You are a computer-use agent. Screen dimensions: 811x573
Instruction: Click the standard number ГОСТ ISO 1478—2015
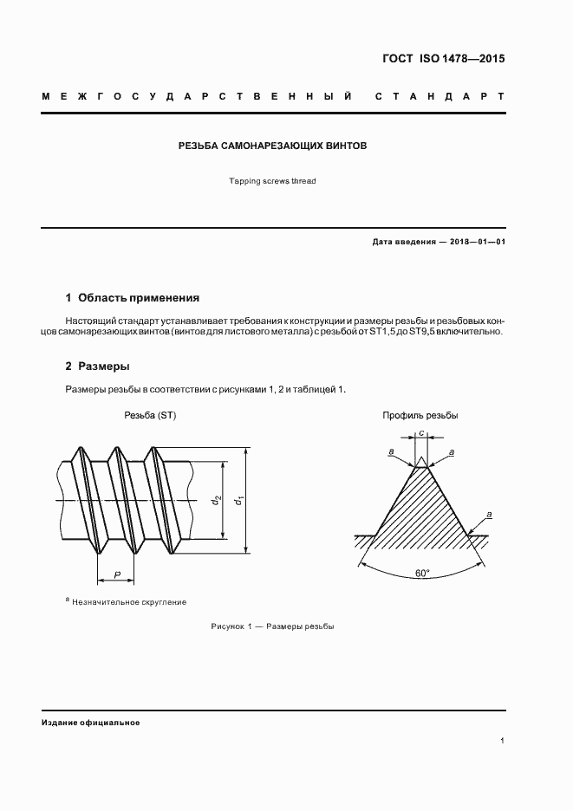click(443, 60)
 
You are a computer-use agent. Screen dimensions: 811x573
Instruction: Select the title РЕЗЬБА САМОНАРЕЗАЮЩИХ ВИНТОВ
click(272, 146)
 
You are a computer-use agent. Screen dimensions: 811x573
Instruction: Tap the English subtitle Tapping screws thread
click(272, 181)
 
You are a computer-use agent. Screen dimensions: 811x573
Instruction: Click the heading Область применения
click(139, 297)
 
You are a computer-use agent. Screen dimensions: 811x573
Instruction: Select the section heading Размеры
click(103, 367)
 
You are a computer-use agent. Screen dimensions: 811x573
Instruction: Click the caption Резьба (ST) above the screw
click(150, 416)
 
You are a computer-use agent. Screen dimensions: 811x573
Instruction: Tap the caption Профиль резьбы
click(420, 416)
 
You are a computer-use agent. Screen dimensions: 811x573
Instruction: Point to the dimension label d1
click(240, 500)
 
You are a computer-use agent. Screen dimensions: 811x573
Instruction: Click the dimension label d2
click(217, 500)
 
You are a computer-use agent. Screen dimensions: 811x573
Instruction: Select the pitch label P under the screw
click(116, 574)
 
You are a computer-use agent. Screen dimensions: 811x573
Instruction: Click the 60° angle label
click(422, 574)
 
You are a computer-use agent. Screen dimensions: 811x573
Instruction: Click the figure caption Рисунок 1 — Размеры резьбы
click(272, 626)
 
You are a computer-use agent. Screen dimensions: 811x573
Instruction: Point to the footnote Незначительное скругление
click(129, 601)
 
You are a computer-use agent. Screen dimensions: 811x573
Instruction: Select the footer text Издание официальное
click(90, 722)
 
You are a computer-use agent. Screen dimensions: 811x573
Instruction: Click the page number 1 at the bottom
click(503, 741)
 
